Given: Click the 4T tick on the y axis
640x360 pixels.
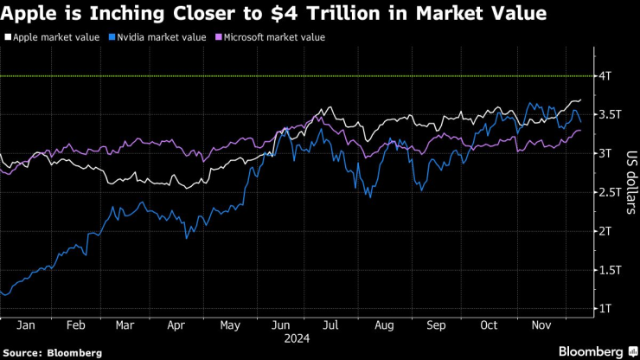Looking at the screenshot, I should click(x=606, y=76).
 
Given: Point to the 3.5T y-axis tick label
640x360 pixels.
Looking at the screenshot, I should click(x=609, y=114).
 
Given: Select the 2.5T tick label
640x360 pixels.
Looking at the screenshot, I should click(x=609, y=192).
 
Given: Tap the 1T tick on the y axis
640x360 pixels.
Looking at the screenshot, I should click(x=605, y=308).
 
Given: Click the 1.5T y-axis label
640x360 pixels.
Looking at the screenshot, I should click(x=609, y=270).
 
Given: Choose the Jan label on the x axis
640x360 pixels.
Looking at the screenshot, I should click(x=25, y=326).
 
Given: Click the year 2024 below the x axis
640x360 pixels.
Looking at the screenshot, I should click(x=298, y=339).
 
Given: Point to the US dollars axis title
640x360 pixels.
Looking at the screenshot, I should click(x=630, y=177).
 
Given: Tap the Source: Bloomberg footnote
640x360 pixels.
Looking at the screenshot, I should click(x=53, y=352).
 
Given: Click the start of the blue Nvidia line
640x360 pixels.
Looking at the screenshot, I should click(x=2, y=292).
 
